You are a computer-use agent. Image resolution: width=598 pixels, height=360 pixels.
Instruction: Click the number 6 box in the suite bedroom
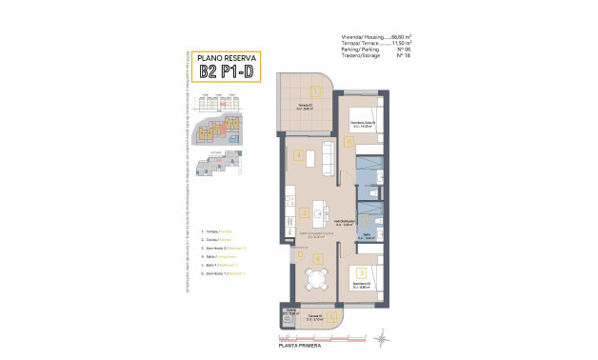coord(350,142)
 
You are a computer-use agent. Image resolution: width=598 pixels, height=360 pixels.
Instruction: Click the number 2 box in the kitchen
coord(303,212)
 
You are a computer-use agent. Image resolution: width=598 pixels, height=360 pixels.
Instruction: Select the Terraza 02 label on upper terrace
coord(302,104)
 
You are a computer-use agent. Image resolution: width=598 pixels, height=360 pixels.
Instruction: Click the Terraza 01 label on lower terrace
coord(314,318)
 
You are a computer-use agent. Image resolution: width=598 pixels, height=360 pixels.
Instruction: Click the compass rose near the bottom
coord(382,334)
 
